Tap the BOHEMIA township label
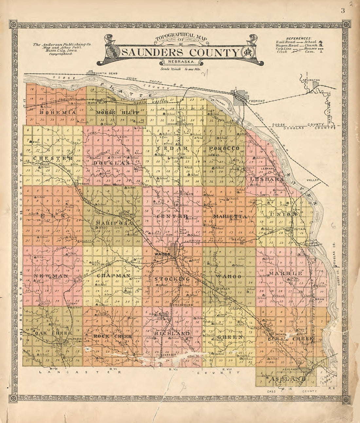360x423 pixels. pos(58,112)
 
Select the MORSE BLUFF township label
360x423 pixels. pos(118,112)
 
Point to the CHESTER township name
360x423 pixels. pos(53,159)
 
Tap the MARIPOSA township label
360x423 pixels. pos(114,223)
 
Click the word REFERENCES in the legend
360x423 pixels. pos(299,38)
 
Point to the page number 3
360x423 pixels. pos(342,10)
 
